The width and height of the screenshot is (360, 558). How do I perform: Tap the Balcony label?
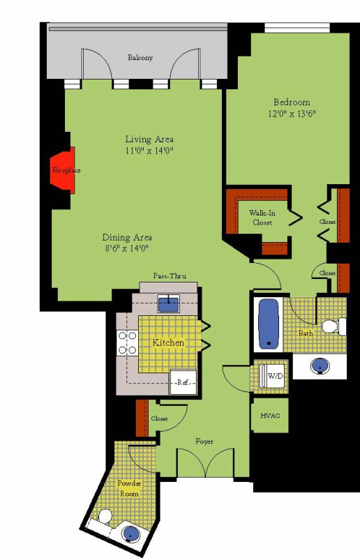pos(140,58)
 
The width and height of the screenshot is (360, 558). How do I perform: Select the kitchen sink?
pos(169,304)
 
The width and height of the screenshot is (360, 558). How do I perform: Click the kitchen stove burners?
pos(128,342)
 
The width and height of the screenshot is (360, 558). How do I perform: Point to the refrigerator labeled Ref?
pos(183,382)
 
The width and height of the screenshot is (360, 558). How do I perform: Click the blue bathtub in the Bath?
pos(268,324)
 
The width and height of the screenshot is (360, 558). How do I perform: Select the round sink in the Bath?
pos(320,365)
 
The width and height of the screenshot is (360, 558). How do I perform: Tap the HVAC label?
pos(270,416)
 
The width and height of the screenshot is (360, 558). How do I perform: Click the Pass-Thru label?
pos(170,276)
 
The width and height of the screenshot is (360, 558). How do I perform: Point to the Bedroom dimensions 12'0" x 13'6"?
pos(292,114)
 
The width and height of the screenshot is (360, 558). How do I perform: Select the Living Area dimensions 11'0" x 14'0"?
pos(149,151)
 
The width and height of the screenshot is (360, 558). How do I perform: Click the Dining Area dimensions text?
pos(127,248)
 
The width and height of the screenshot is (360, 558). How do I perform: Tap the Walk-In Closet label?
pos(262,218)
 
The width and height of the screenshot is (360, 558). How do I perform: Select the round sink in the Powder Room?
pos(130,533)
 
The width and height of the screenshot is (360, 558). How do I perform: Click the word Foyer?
pos(204,442)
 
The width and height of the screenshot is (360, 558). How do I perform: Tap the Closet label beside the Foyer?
pos(159,418)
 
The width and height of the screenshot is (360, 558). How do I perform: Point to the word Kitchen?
pos(168,342)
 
